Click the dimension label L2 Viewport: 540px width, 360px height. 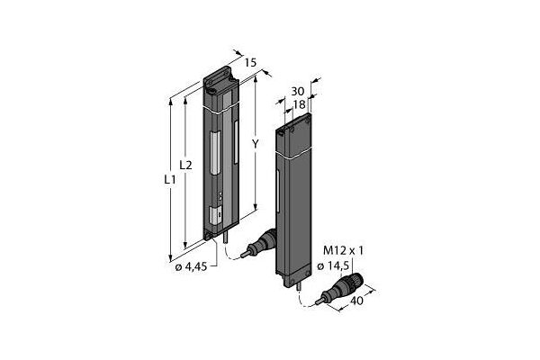[185, 166]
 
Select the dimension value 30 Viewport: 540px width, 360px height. [298, 91]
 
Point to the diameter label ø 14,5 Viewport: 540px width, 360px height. [342, 268]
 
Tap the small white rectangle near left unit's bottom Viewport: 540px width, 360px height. [215, 216]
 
